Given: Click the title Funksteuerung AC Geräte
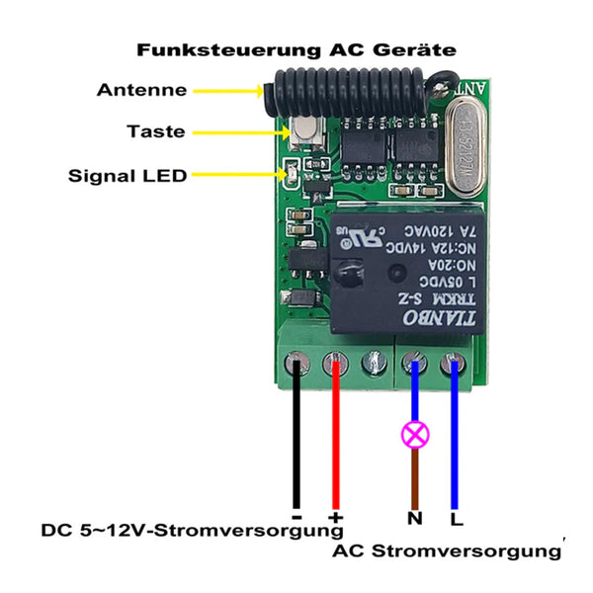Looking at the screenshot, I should coord(296,48).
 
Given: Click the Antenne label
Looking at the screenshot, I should coord(141,90).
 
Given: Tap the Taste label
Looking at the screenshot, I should coord(156,131).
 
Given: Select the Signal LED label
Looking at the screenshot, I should coord(127,177).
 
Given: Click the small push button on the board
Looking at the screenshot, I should coord(305,129).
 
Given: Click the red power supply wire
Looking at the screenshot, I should coord(335,445).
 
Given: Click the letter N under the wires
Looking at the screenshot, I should coord(415,517).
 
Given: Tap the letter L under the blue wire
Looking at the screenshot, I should coord(456,517).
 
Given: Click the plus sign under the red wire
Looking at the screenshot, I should coord(335,517).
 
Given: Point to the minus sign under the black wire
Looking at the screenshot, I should coord(296,516).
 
